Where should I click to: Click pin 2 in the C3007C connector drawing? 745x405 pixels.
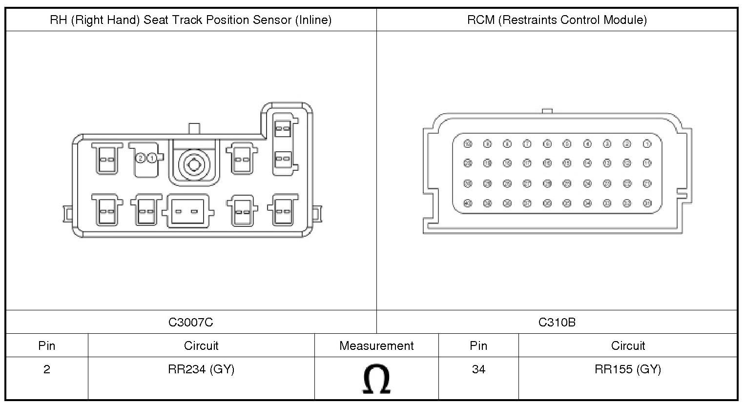(x=141, y=158)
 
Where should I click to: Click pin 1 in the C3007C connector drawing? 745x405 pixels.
(x=152, y=158)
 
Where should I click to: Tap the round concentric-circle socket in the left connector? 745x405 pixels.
(x=194, y=164)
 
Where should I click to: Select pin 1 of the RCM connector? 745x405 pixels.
(x=647, y=144)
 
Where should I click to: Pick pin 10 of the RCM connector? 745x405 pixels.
(x=468, y=144)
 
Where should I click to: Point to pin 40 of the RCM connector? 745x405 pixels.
(x=468, y=203)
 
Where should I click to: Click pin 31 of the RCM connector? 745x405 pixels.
(x=647, y=203)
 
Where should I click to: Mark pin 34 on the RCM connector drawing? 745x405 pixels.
(x=587, y=203)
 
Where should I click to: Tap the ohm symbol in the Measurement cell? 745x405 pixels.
(x=376, y=380)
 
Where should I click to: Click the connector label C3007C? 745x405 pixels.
(x=191, y=322)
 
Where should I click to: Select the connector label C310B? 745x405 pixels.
(x=557, y=322)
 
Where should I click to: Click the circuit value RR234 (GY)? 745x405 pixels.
(x=201, y=369)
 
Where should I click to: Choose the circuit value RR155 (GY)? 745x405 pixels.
(x=628, y=369)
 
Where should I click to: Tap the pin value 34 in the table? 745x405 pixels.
(x=478, y=369)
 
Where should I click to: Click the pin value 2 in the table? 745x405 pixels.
(x=47, y=369)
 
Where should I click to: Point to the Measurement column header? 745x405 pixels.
(x=376, y=346)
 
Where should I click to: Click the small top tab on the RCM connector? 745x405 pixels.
(x=547, y=111)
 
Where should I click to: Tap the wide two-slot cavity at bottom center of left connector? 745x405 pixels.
(x=187, y=211)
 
